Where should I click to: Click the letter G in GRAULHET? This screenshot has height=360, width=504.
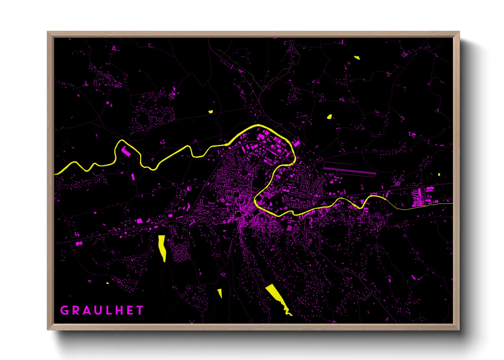64,310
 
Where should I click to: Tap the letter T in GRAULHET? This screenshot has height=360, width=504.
140,310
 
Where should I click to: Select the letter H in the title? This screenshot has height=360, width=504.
119,310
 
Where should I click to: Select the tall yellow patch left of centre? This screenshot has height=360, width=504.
162,247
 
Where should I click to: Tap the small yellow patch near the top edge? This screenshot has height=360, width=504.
357,58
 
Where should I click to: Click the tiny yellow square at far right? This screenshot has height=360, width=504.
439,175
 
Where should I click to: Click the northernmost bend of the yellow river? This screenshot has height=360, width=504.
259,126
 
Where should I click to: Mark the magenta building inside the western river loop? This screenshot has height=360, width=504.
126,151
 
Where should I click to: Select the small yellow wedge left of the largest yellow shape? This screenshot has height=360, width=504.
220,293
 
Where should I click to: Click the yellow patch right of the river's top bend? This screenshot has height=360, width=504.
329,117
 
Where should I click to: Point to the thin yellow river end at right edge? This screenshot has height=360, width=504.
450,204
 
